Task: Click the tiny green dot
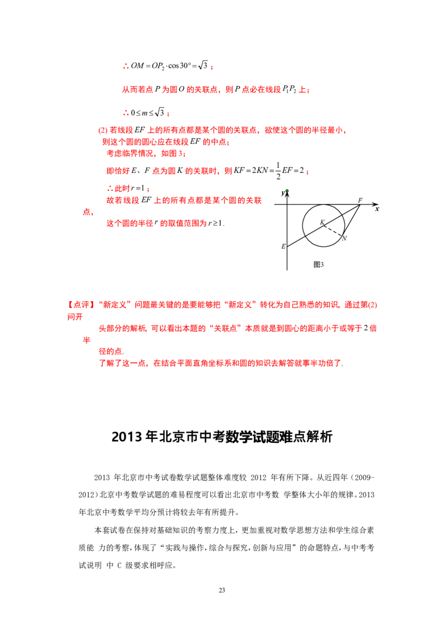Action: tap(287, 191)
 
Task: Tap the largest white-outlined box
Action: tap(268, 169)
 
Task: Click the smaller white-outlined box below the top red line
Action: tap(148, 111)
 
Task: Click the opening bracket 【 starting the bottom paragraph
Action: tap(70, 304)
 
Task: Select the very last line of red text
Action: tap(221, 365)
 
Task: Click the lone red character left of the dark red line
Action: tap(85, 212)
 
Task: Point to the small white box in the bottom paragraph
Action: tap(365, 327)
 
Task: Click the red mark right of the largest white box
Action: tap(307, 173)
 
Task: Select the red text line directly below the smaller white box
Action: tap(222, 131)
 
